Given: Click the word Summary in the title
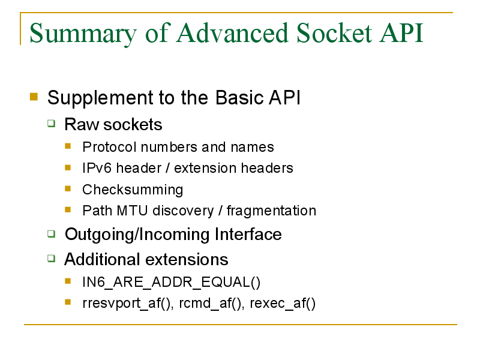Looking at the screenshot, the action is tap(83, 34).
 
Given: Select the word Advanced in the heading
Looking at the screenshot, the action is tap(233, 33).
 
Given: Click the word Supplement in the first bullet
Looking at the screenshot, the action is tap(100, 98).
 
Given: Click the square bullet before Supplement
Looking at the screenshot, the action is tap(34, 97).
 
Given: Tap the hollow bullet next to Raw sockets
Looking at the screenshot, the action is tap(52, 124).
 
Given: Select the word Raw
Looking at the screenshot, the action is tap(82, 124).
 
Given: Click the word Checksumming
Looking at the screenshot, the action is tap(133, 190).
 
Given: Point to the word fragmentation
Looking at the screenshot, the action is tap(271, 211).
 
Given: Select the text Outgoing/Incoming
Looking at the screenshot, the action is tap(137, 235).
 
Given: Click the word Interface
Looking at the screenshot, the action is tap(248, 234).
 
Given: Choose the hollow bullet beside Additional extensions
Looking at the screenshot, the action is tap(52, 259).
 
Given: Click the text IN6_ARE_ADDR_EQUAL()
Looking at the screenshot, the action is tap(172, 282).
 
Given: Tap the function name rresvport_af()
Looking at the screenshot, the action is tap(128, 304).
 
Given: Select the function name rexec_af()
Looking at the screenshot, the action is tap(283, 304).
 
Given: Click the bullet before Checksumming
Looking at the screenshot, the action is tap(68, 188).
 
